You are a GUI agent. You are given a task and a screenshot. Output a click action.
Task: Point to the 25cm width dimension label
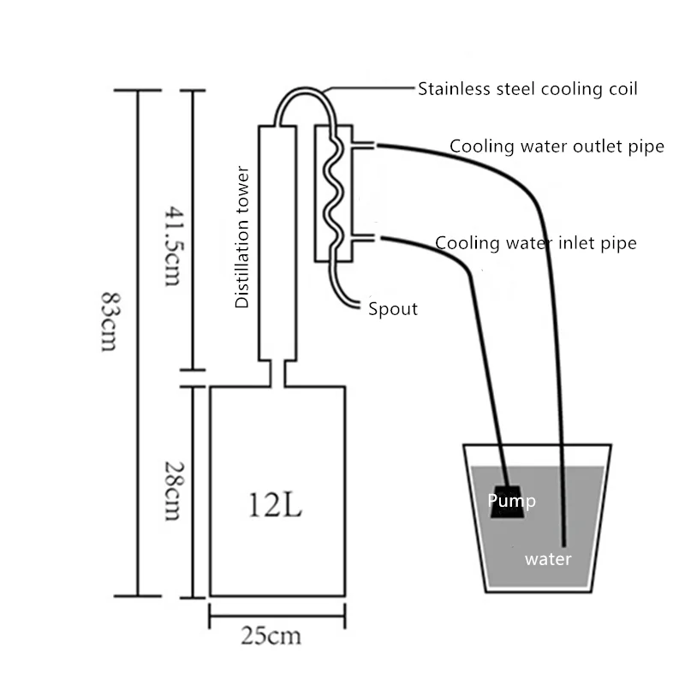tap(271, 636)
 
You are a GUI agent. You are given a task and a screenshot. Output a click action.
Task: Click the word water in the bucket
tap(548, 560)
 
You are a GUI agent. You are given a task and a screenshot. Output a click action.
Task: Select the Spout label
tap(393, 309)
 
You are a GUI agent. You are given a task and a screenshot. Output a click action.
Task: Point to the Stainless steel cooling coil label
tap(527, 89)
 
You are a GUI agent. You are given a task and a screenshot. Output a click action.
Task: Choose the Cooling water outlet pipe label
tap(557, 146)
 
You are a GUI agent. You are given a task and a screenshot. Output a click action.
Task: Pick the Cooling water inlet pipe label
tap(536, 243)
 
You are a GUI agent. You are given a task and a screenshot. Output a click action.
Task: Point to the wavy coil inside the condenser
tap(334, 193)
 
